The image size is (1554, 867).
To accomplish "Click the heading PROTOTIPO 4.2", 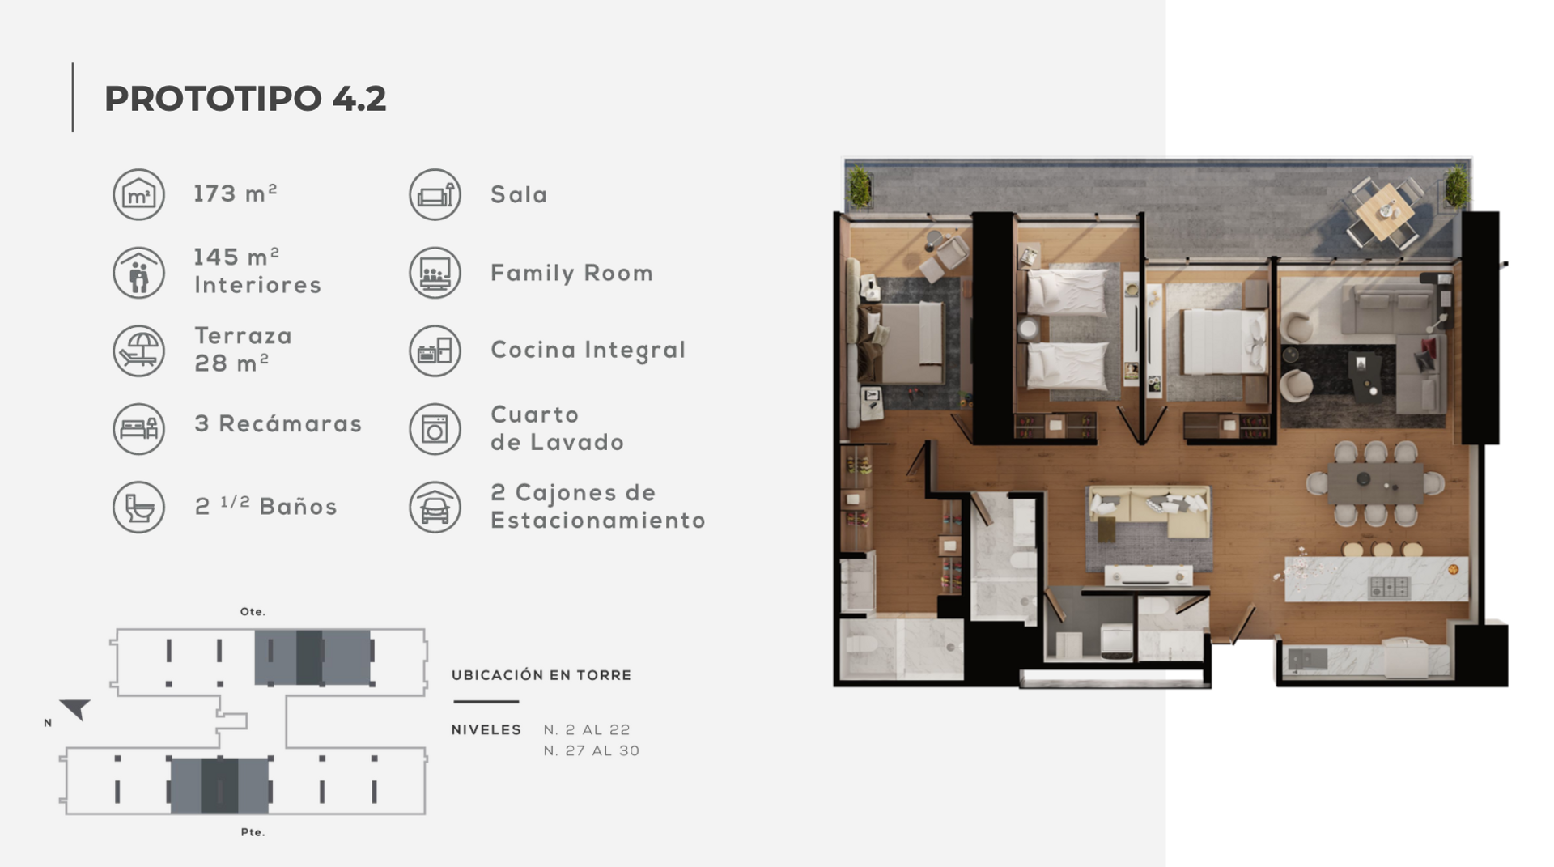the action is pos(245,99).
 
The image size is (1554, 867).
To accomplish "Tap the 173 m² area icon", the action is pos(138,194).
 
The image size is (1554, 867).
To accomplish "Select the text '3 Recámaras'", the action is pos(278,424).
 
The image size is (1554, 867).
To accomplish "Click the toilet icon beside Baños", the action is pos(138,508).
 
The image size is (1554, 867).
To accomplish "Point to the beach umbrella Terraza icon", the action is pos(138,351).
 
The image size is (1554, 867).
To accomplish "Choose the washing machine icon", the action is pos(435,429).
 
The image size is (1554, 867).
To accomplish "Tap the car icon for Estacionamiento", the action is pos(435,508).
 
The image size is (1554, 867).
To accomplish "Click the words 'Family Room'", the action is pos(571,273).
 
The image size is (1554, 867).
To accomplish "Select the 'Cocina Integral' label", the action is pos(588,350).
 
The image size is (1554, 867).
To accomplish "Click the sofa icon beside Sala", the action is pos(435,194).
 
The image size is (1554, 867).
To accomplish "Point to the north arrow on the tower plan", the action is pos(76,709).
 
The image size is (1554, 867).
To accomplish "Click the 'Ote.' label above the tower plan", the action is pos(253,612).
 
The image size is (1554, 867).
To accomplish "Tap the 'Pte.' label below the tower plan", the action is pos(253,832).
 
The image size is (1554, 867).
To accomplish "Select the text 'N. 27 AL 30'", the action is pos(592,751).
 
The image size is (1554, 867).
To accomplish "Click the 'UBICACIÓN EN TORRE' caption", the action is pos(541,675).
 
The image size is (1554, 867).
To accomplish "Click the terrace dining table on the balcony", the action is pos(1386,211).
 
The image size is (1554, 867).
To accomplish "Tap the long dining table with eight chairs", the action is pos(1375,482).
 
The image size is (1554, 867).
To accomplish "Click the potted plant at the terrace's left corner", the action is pos(859,187).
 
